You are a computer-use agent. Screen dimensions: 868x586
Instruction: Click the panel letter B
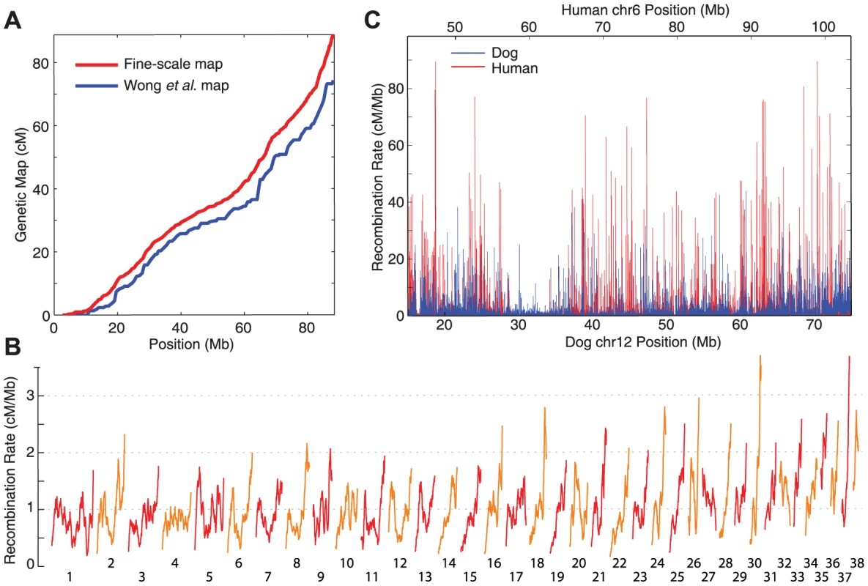(12, 346)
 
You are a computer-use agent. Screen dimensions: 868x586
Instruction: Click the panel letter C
(372, 20)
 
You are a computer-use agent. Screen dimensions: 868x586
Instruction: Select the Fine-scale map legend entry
(149, 64)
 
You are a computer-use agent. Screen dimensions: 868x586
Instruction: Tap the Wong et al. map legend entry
(152, 85)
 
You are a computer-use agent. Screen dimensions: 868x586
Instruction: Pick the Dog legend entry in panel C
(484, 53)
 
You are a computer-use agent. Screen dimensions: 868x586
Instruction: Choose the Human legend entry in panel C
(494, 69)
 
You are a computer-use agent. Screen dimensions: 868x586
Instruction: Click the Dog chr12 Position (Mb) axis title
(642, 342)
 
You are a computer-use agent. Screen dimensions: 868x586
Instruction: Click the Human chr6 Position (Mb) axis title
(645, 10)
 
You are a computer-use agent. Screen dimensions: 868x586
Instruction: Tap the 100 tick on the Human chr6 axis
(823, 27)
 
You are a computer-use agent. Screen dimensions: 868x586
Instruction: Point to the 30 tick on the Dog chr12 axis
(518, 324)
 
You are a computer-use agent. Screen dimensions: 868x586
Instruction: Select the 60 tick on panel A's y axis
(40, 127)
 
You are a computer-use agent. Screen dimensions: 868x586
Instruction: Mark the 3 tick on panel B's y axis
(30, 396)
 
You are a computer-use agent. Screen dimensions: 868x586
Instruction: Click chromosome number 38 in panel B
(857, 563)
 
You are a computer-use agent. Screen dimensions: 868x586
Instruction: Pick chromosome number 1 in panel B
(70, 576)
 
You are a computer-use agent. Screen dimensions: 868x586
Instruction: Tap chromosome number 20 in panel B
(579, 563)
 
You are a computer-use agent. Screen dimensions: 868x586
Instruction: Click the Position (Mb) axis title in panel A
(191, 344)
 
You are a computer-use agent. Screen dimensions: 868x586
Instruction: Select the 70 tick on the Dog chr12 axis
(814, 324)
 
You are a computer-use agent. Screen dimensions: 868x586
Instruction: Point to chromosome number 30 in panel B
(754, 563)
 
